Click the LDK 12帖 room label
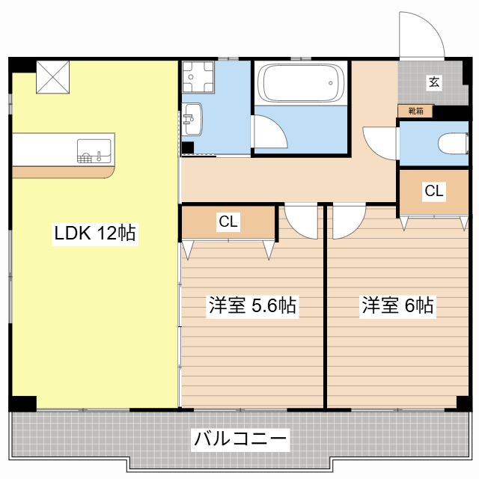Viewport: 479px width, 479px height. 95,233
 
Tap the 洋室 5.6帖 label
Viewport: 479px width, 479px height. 252,305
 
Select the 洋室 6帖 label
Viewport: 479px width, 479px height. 397,305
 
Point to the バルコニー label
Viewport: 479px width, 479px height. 240,439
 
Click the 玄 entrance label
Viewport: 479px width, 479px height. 434,82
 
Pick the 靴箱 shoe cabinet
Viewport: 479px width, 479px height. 415,112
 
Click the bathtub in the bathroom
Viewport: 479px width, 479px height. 301,83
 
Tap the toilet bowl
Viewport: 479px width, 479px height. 453,143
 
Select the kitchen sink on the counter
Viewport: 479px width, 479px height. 94,151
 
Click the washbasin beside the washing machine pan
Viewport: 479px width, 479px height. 192,119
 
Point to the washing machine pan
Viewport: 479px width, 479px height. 198,77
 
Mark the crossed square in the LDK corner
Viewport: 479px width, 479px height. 53,77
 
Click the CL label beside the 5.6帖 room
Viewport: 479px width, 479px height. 228,222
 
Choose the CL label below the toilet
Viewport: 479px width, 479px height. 434,191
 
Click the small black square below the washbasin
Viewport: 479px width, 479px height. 188,148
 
